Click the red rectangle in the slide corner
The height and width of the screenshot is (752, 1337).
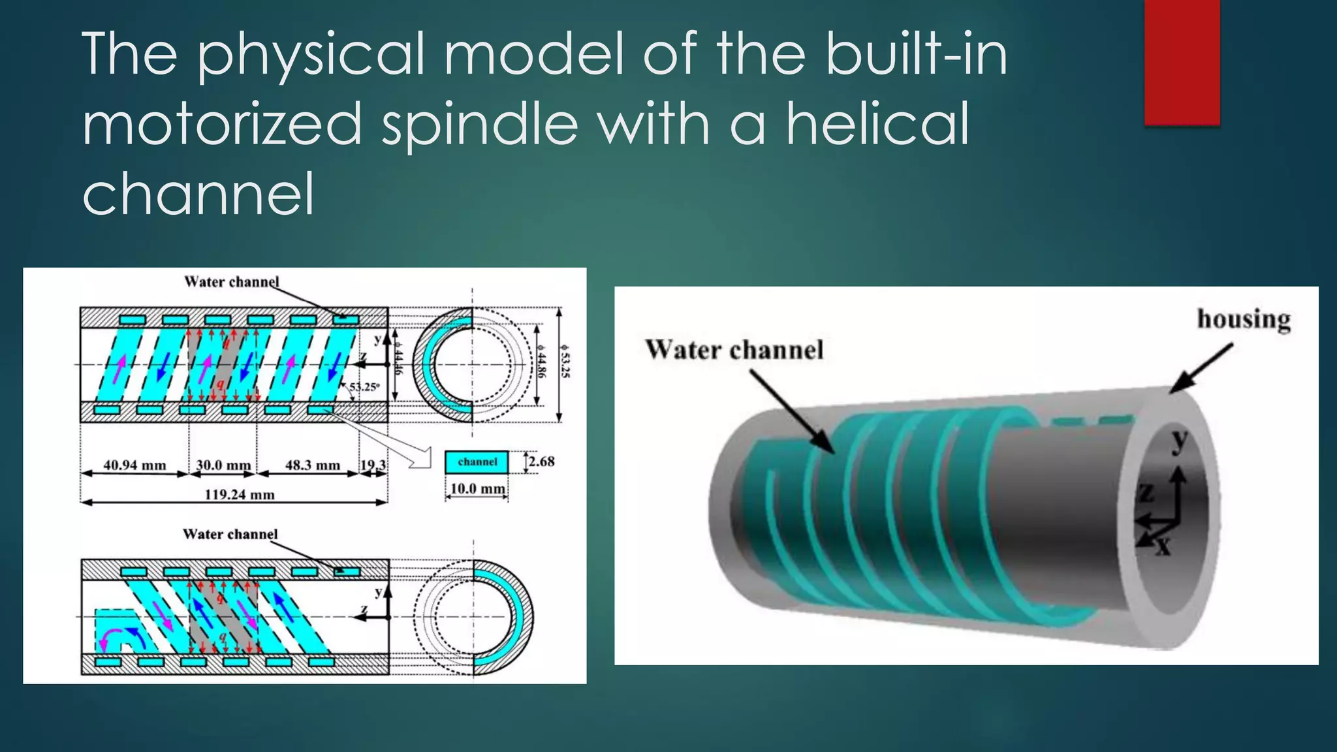1182,62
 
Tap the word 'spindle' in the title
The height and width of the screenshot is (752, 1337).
480,125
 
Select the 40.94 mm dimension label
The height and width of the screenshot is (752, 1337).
134,465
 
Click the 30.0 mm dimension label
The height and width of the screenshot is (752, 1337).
223,465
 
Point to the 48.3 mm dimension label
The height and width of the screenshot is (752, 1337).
313,465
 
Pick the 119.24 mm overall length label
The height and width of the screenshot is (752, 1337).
240,494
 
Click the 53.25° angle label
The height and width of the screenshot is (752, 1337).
364,386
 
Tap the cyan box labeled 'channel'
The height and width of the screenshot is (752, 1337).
477,462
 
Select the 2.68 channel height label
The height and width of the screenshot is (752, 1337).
541,462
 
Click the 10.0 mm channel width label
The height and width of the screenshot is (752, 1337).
477,489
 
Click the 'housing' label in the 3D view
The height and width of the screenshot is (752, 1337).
1244,319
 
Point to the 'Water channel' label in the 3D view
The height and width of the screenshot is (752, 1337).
734,350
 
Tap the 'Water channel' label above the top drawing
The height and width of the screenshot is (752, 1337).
232,282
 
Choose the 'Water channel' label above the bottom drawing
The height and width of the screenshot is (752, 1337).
230,534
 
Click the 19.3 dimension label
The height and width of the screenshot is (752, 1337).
373,465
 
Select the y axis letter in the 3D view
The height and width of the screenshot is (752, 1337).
1179,442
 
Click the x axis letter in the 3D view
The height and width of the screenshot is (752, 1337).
1163,546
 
